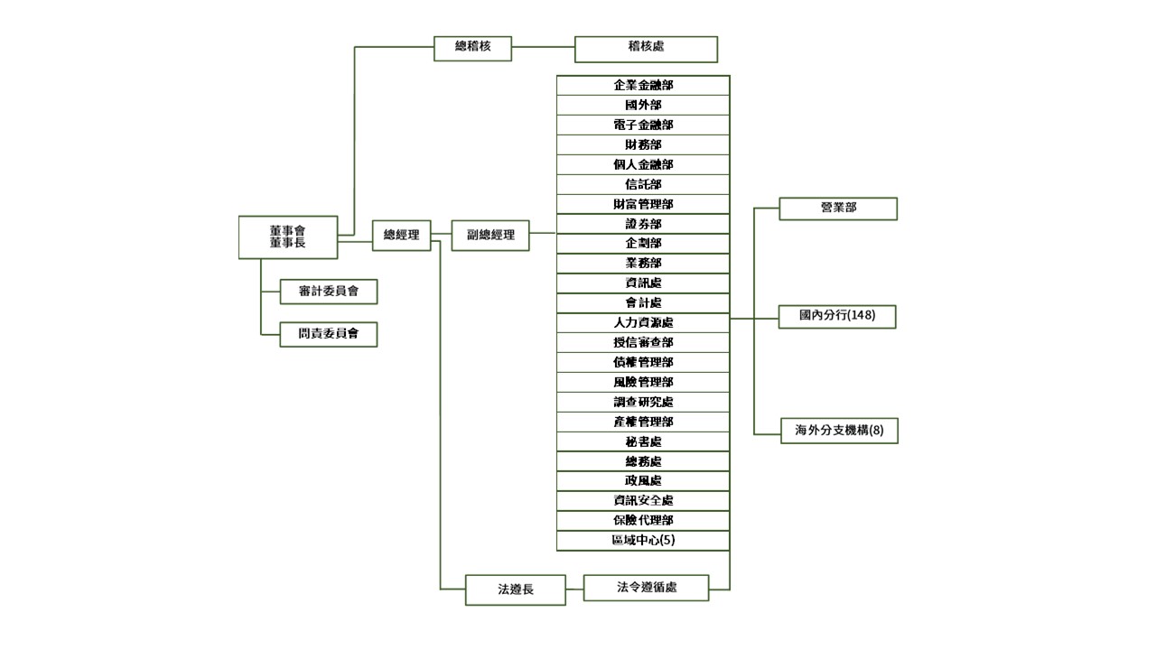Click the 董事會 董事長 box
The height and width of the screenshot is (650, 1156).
point(288,237)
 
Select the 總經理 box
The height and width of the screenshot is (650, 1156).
point(402,235)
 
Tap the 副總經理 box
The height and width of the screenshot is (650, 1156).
point(490,235)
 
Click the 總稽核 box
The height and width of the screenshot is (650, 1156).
point(472,48)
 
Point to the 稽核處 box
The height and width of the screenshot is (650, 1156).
point(646,49)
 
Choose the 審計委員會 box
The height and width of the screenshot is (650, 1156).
point(328,292)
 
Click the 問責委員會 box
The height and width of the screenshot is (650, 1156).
point(328,334)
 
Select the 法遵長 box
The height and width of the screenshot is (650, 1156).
point(516,590)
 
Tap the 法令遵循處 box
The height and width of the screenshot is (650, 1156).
point(646,588)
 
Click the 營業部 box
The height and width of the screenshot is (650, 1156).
point(838,209)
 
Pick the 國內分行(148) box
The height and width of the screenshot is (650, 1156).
point(838,317)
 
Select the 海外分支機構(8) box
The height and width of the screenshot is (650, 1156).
point(839,431)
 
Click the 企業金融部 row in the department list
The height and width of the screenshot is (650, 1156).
point(643,86)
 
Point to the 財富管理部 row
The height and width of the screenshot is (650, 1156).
point(643,204)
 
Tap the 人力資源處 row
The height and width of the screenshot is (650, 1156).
point(643,323)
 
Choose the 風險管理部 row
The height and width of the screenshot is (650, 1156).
point(643,383)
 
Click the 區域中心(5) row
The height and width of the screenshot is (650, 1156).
point(643,541)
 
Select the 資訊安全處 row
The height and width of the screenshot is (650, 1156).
point(643,501)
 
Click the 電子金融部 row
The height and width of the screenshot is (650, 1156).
point(643,125)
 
